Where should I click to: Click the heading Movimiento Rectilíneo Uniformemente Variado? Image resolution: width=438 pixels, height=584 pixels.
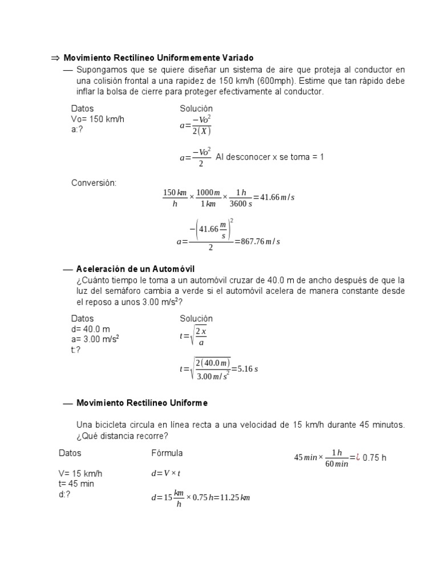click(x=159, y=58)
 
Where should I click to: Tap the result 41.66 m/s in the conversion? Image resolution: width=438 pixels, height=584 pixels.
click(x=277, y=197)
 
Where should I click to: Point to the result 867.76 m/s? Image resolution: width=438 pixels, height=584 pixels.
click(x=257, y=241)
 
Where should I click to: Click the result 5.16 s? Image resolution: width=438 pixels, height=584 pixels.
click(x=248, y=369)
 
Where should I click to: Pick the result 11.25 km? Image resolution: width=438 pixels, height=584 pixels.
click(x=234, y=497)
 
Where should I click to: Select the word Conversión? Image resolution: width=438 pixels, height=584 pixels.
click(x=94, y=183)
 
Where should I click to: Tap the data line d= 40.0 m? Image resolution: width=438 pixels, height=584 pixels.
click(x=90, y=329)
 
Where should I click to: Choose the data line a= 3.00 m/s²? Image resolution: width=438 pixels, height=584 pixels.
click(x=95, y=339)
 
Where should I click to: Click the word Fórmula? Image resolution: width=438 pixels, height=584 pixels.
click(x=167, y=453)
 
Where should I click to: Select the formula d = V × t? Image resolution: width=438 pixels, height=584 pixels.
click(x=166, y=473)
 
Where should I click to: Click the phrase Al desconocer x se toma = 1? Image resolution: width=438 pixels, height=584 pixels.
click(x=270, y=157)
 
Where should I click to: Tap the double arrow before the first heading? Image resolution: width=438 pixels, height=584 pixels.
click(x=55, y=58)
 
